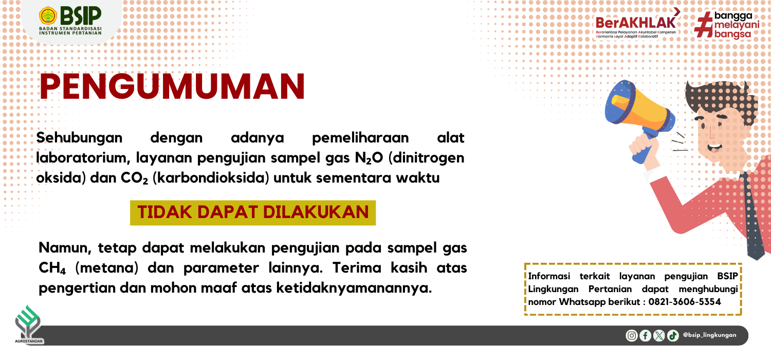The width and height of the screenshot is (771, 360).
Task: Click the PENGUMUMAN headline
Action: tap(172, 86)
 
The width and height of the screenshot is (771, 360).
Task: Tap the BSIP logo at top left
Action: tap(70, 21)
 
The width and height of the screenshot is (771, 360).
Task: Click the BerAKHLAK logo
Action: tap(637, 23)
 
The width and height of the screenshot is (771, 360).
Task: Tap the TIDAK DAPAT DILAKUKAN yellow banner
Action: tap(253, 212)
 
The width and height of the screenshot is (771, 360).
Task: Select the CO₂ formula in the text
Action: tap(134, 178)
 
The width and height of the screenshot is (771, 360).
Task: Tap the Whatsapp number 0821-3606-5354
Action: tap(685, 302)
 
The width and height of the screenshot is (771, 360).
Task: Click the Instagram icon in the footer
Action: tap(632, 335)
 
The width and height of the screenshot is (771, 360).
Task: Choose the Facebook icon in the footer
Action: tap(646, 335)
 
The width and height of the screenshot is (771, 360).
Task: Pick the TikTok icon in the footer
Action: tap(673, 335)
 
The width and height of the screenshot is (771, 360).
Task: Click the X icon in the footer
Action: tap(659, 335)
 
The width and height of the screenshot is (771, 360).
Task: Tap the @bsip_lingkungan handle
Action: tap(710, 335)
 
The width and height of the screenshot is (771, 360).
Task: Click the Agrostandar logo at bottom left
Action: tap(29, 325)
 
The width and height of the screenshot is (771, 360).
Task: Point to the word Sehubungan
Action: tap(79, 138)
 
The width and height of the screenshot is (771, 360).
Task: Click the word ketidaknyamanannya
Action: tap(354, 287)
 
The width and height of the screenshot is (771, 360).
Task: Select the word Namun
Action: tap(65, 248)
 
